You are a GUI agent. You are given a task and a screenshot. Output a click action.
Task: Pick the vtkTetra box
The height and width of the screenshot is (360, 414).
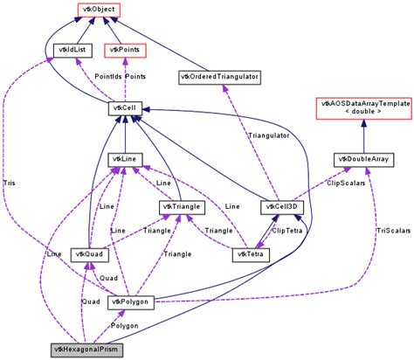coord(251,254)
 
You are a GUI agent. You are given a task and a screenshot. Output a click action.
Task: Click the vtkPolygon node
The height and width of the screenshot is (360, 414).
coord(131,302)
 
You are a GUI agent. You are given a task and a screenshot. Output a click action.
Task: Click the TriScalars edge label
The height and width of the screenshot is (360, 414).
coord(391,231)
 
